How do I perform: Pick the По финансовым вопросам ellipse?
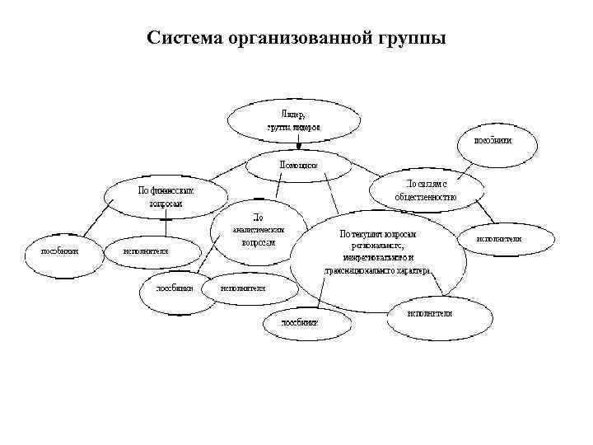click(x=166, y=197)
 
